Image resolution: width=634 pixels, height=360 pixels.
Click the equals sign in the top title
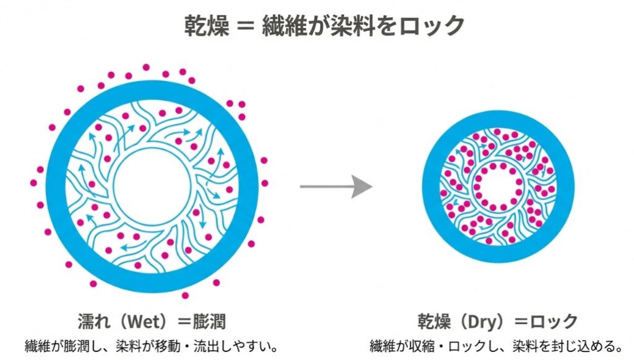coord(245,27)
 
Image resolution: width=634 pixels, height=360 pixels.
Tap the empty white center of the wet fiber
coord(152,185)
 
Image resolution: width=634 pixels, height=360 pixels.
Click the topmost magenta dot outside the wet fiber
coord(146,67)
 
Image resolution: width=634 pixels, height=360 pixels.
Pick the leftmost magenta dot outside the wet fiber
coord(33,183)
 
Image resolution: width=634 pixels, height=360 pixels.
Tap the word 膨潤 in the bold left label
coord(208,322)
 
